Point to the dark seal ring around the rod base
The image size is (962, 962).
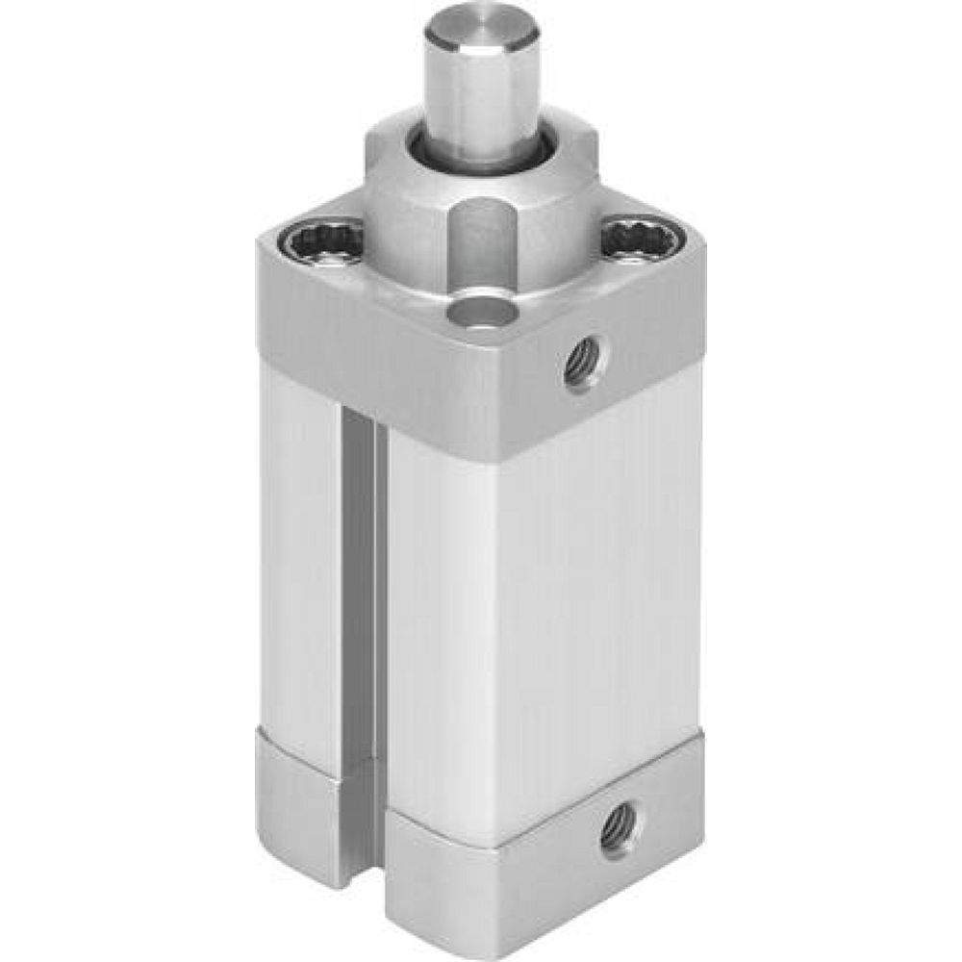coord(423,154)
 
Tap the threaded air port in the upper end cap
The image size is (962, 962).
coord(584,361)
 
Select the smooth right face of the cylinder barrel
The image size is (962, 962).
coord(596,577)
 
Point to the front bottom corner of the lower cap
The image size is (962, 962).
coord(500,924)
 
